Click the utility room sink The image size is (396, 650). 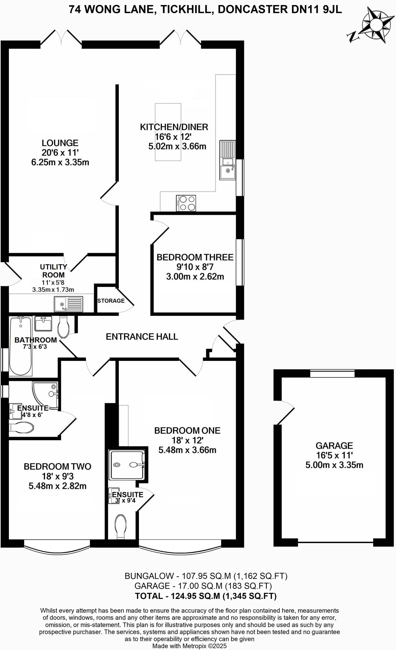click(68, 304)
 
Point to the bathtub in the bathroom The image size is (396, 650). click(21, 346)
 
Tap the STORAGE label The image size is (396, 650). click(111, 301)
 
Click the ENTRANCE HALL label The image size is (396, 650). click(142, 336)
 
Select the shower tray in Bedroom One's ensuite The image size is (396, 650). click(127, 465)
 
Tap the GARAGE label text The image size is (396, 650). click(334, 446)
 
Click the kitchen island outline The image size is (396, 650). click(168, 132)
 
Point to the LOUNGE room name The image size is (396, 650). click(60, 143)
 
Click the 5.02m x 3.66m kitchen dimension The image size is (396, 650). click(177, 147)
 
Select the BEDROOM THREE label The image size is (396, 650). click(195, 257)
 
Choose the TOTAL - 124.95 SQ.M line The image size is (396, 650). click(206, 596)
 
